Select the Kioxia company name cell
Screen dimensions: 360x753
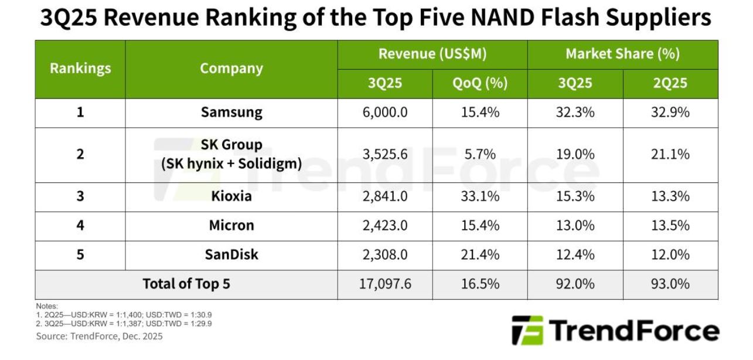(x=231, y=196)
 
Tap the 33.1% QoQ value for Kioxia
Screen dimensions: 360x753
(x=480, y=196)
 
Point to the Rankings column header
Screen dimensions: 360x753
(x=80, y=69)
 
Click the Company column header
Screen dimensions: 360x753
(x=231, y=69)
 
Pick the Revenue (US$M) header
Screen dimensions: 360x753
(x=432, y=55)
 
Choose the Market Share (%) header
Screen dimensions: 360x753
(x=622, y=55)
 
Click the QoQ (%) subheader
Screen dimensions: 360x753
(x=480, y=83)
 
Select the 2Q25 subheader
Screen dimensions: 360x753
(x=670, y=83)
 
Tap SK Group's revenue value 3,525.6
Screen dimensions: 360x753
(x=385, y=154)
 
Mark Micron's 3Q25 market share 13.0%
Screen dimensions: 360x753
(x=575, y=226)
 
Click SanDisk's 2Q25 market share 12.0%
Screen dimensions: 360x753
(x=670, y=255)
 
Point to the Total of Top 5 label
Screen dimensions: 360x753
(x=186, y=284)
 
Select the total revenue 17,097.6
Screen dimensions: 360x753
(x=385, y=284)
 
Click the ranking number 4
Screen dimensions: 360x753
(x=80, y=226)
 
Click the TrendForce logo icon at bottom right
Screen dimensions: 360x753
(x=527, y=331)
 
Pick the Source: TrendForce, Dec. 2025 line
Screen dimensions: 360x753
(x=99, y=337)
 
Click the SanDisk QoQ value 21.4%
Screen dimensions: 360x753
(x=480, y=255)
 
